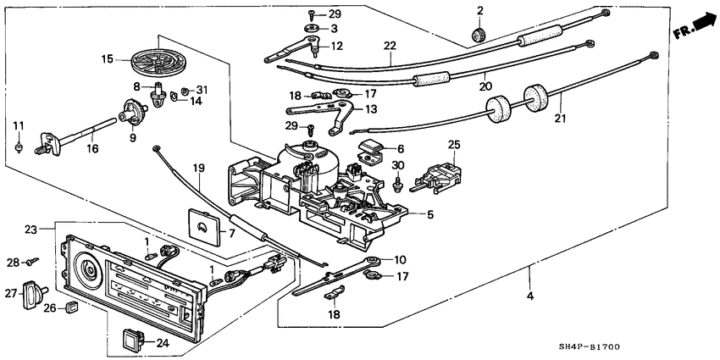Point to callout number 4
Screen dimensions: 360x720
(531, 296)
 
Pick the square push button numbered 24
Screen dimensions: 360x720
(134, 341)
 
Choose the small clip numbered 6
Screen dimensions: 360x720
(373, 153)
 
